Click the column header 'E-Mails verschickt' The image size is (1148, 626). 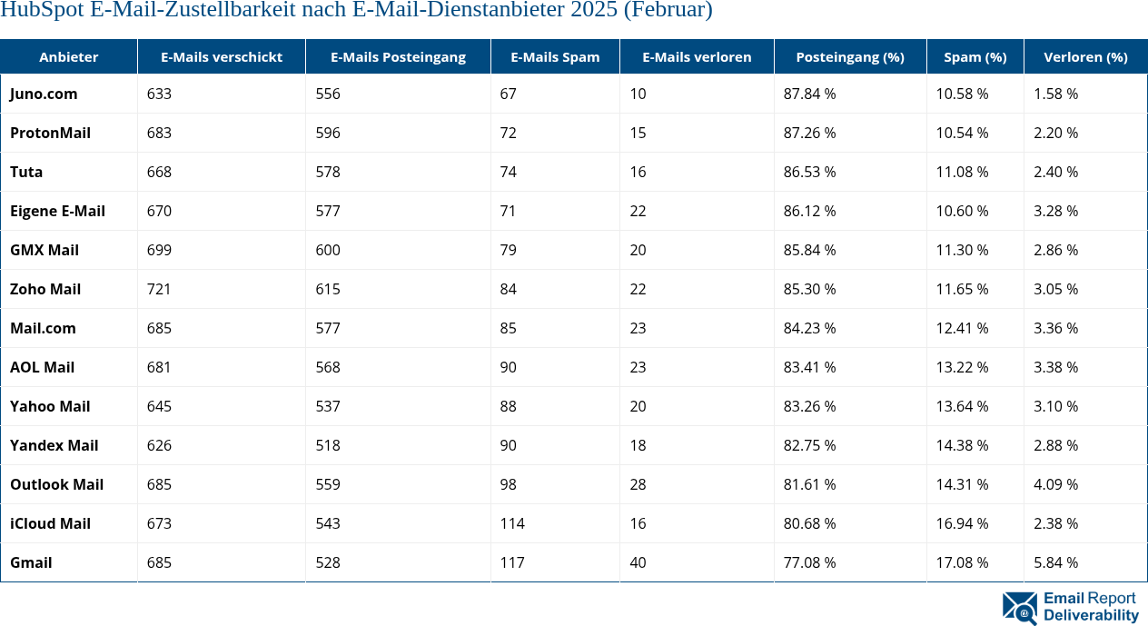(x=221, y=56)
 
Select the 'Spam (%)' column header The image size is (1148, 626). (x=975, y=56)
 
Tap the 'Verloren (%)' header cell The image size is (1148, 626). (x=1085, y=56)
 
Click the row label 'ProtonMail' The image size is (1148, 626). (x=50, y=133)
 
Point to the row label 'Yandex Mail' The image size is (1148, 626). (x=54, y=445)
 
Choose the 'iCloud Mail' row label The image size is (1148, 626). (x=50, y=523)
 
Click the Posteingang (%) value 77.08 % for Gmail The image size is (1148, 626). (x=809, y=562)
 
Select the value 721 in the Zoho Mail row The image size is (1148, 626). (x=159, y=289)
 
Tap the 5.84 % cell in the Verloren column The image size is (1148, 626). (x=1055, y=562)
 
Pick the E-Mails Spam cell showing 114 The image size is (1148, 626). (x=512, y=523)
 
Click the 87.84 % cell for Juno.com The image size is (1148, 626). (x=809, y=94)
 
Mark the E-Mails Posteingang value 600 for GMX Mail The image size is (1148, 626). (x=328, y=250)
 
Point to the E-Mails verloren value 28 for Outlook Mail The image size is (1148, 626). (x=638, y=484)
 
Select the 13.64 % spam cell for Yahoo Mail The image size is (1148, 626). (x=962, y=406)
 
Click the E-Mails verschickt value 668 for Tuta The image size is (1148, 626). (x=159, y=172)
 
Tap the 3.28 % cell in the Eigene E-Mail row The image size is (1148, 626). (x=1055, y=211)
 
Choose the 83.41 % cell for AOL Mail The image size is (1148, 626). (x=809, y=367)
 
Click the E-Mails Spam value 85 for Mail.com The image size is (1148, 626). (x=509, y=328)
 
